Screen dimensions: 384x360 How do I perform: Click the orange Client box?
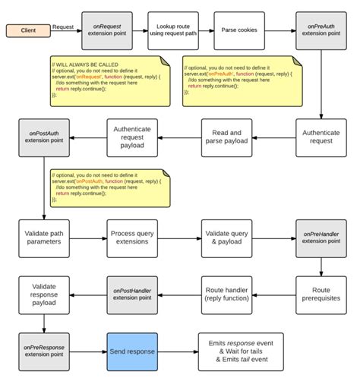click(28, 31)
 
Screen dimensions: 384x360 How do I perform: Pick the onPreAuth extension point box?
click(321, 30)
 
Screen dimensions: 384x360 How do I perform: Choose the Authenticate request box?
click(321, 137)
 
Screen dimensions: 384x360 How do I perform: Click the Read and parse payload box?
click(226, 137)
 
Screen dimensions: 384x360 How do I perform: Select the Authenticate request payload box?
click(132, 137)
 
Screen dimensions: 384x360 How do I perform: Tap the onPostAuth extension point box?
click(43, 137)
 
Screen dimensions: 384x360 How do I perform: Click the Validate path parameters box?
click(43, 236)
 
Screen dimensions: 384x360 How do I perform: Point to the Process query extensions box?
click(132, 236)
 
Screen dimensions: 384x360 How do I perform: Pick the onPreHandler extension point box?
click(321, 236)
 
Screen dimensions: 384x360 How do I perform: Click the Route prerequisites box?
click(321, 294)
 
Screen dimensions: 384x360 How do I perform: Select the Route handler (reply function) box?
click(226, 294)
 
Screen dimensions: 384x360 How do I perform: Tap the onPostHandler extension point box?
click(132, 294)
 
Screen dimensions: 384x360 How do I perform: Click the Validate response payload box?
click(43, 294)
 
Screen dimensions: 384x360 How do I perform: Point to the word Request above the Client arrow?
click(62, 27)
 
